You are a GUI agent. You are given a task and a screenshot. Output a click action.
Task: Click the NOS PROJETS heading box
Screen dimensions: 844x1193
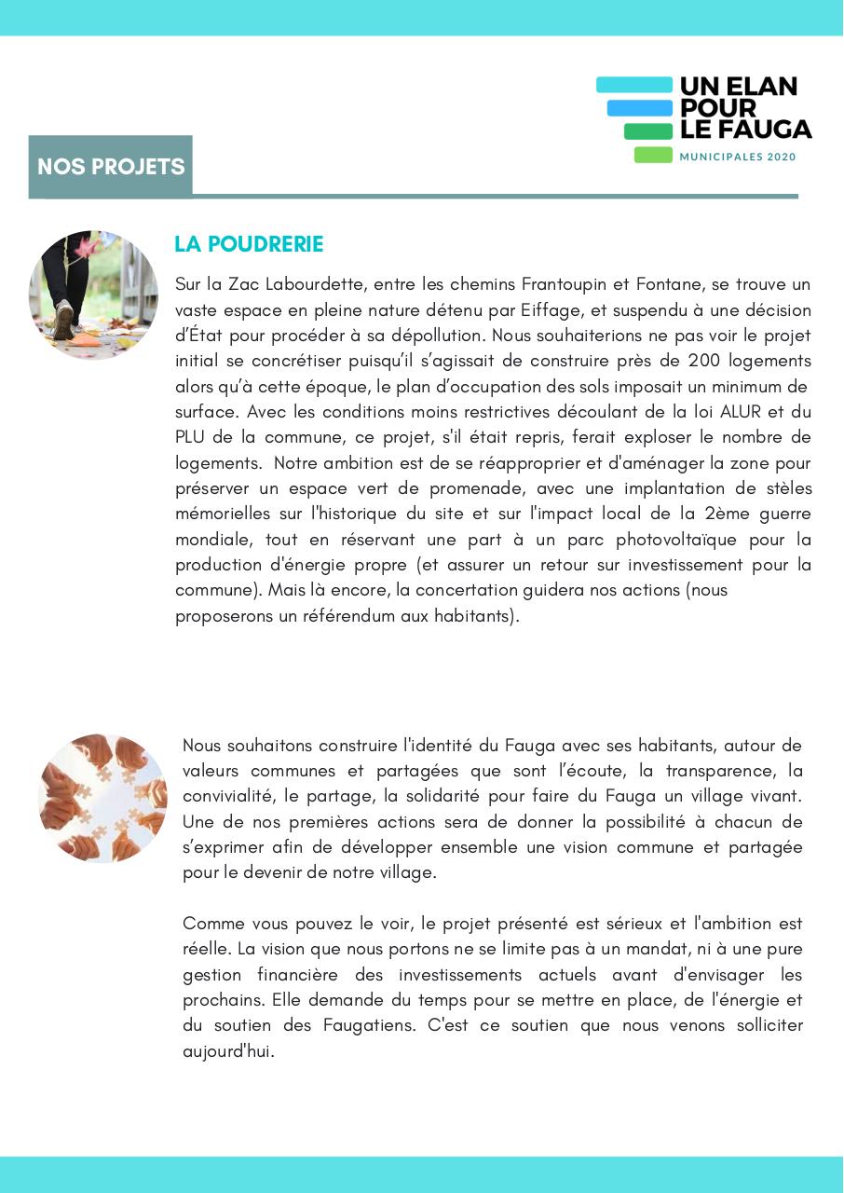[111, 167]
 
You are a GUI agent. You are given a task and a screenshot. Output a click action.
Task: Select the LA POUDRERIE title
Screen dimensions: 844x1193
[249, 244]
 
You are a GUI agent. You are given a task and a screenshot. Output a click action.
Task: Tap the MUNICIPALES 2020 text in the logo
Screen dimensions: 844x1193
[738, 158]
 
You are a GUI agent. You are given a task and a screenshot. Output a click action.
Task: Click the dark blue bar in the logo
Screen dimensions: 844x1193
[639, 108]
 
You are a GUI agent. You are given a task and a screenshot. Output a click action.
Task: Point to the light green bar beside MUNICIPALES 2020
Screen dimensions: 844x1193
[653, 156]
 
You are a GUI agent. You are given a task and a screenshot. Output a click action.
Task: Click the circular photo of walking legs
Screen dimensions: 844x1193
[93, 295]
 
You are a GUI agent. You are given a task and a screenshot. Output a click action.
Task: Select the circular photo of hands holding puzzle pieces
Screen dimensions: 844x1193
[102, 798]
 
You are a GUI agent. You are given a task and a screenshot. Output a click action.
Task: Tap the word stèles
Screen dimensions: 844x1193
[785, 488]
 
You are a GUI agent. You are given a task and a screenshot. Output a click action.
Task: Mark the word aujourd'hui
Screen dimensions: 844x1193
[227, 1052]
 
